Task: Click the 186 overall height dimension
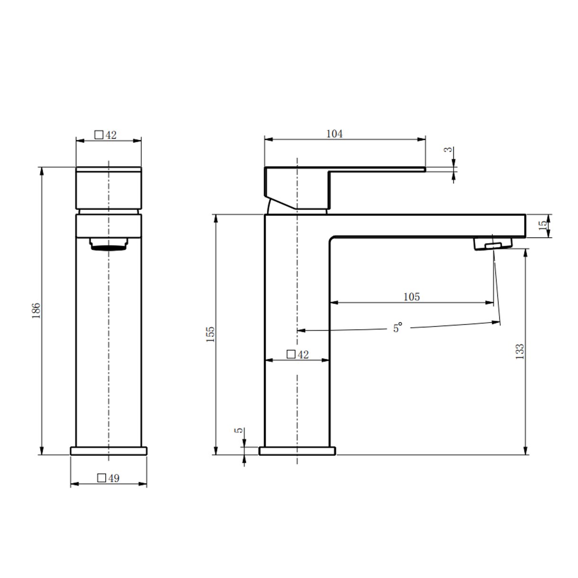pos(36,310)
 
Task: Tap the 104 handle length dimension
pos(334,134)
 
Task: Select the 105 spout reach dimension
pos(412,297)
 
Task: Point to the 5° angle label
pos(397,327)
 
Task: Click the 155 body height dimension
pos(210,334)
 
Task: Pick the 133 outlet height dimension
pos(520,352)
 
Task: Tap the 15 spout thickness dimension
pos(542,226)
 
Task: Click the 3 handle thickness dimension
pos(448,149)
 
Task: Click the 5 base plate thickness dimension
pos(238,431)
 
